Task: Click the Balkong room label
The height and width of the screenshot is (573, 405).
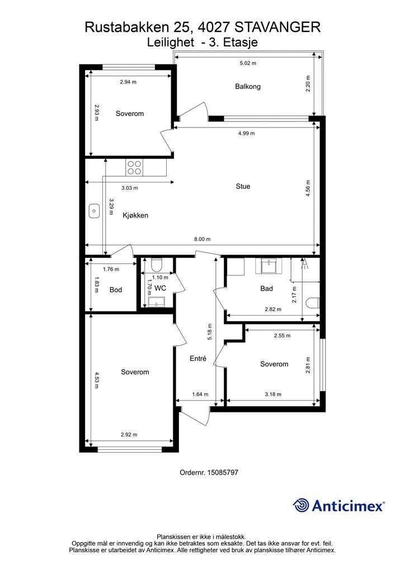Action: [x=248, y=87]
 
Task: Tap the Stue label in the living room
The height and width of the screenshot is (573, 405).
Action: [x=243, y=186]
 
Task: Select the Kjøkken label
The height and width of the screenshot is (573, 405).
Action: [x=135, y=215]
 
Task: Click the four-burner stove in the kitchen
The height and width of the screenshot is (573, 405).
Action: [x=134, y=167]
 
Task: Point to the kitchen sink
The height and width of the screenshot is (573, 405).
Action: [x=94, y=211]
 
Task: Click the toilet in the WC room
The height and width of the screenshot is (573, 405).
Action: [x=157, y=264]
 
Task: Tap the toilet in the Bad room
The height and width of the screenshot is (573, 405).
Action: [x=313, y=303]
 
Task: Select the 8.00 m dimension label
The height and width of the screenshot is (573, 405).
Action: [x=202, y=239]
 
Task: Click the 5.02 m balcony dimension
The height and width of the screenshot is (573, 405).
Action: [x=248, y=63]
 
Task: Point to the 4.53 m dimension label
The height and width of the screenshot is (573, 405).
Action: [x=97, y=380]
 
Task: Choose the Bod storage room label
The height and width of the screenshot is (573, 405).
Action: [x=116, y=290]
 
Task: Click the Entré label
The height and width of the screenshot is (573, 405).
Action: [x=198, y=359]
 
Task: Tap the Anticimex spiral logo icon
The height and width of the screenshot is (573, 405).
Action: [x=301, y=505]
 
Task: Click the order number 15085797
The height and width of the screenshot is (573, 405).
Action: [x=223, y=472]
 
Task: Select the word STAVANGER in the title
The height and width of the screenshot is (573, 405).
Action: [x=277, y=27]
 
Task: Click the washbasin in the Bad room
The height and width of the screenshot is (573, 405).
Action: [x=271, y=265]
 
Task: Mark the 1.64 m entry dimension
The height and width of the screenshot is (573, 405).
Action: [x=200, y=394]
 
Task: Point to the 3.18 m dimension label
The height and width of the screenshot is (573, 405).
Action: [x=273, y=394]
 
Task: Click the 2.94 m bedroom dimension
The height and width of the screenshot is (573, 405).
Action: [x=128, y=82]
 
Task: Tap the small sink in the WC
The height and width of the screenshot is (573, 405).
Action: [x=157, y=302]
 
